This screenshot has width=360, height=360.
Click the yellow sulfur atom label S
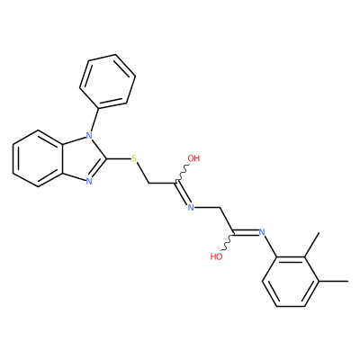(134, 158)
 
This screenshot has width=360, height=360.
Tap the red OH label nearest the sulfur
(193, 158)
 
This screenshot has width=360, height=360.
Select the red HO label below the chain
(216, 256)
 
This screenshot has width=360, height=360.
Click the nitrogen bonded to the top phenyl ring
(89, 135)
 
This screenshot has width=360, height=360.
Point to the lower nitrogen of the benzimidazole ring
(89, 181)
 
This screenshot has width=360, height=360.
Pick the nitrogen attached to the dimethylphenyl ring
(262, 232)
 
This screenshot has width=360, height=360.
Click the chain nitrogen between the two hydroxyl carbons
(191, 207)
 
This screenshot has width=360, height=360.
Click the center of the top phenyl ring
(107, 81)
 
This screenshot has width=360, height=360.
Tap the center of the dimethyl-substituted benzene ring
(291, 282)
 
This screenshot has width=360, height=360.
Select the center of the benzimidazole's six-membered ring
(38, 158)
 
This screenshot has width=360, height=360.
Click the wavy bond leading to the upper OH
(182, 173)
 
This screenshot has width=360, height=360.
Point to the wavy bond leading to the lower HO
(228, 242)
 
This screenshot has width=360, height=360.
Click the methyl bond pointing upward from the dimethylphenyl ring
(311, 245)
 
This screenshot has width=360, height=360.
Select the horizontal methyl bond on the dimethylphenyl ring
(333, 282)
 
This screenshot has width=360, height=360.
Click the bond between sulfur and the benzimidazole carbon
(119, 158)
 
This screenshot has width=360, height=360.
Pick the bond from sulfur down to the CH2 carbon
(142, 173)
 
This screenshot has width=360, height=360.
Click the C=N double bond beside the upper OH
(184, 193)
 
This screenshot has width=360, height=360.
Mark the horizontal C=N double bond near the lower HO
(246, 232)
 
